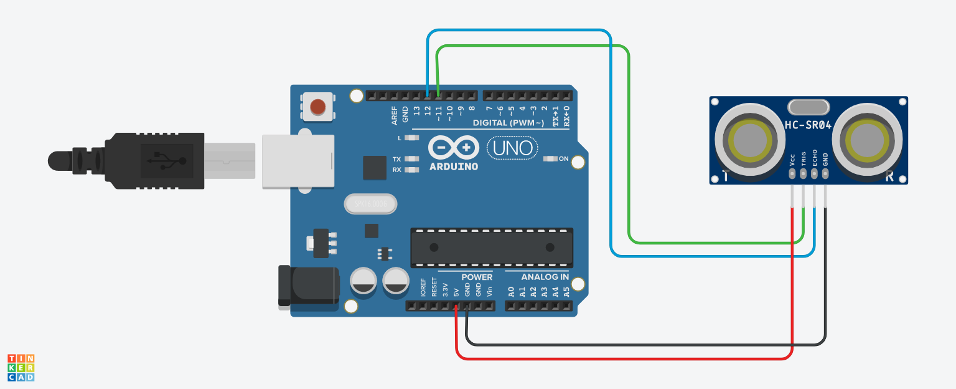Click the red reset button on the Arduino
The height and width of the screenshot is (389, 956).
[x=317, y=107]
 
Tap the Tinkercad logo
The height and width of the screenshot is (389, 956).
[x=21, y=367]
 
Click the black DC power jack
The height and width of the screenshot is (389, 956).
[x=308, y=286]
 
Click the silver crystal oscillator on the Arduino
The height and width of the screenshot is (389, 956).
[x=370, y=204]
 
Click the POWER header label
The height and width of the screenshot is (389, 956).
[x=477, y=277]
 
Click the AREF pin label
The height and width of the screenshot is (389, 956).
[x=395, y=115]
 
